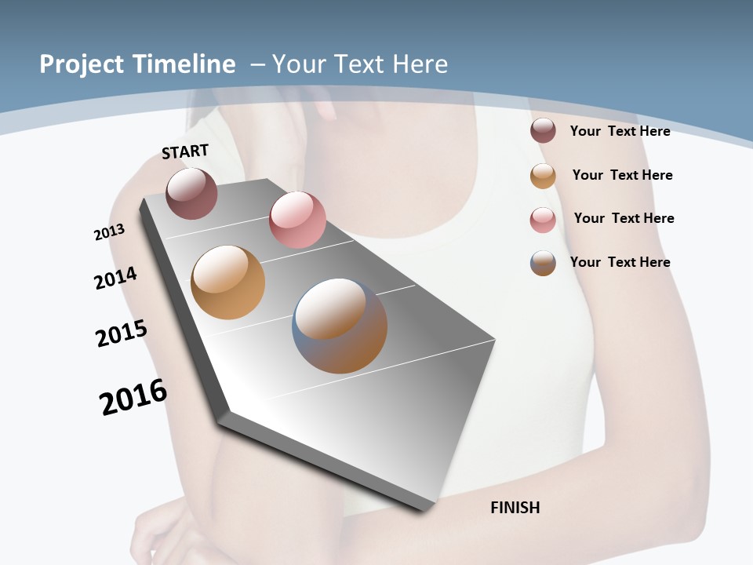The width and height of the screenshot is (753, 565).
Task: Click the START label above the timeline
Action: point(185,151)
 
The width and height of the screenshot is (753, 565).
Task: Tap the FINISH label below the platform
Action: point(515,508)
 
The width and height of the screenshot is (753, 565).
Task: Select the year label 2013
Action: point(109,232)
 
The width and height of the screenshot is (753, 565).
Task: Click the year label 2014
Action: point(115,278)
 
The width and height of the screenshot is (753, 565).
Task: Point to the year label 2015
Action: point(122,334)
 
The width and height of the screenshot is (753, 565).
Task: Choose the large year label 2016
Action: point(133,397)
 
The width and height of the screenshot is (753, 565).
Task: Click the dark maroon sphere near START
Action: point(191,193)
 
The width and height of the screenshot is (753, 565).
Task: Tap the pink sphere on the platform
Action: point(297,220)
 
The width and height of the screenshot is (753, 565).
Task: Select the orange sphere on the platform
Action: point(227,282)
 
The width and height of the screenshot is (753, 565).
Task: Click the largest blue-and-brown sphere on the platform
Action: point(340,325)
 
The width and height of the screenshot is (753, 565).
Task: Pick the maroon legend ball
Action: point(543,130)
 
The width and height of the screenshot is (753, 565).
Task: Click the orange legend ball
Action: point(543,176)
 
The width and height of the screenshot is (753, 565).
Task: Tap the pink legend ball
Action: point(543,220)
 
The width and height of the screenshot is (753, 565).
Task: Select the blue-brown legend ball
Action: point(543,263)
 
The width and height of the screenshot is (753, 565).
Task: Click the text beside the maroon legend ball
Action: point(620,131)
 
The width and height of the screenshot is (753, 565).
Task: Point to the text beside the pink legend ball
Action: point(624,218)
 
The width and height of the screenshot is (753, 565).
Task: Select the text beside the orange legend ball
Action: point(622,175)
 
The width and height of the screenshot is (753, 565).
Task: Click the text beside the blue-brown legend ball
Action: point(620,262)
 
